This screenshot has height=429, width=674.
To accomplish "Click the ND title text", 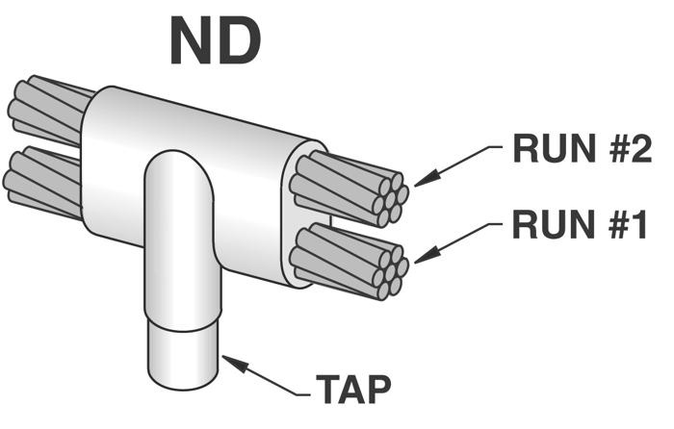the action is (x=216, y=41).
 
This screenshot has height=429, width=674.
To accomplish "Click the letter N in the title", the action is (x=192, y=41).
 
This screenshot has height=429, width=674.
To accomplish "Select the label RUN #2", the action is (x=583, y=148).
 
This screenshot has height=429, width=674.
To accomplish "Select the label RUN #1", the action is (x=580, y=224).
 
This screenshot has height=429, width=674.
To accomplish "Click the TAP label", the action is (x=353, y=389).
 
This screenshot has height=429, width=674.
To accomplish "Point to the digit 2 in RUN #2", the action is (x=639, y=148).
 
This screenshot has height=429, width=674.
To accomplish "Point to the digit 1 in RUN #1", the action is (x=637, y=224).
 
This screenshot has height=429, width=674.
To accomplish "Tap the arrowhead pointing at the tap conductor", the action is (x=235, y=364).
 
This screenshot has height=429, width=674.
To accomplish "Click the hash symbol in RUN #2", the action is (x=609, y=148).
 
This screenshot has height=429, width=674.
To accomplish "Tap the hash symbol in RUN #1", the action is (x=609, y=224).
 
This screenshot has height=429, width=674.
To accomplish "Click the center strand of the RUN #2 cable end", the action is (x=390, y=199).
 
